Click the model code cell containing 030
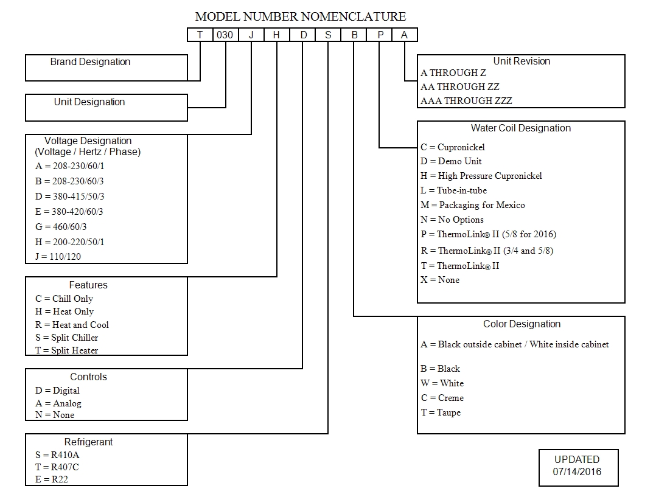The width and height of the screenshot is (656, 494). click(225, 35)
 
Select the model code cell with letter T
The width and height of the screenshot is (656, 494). click(200, 35)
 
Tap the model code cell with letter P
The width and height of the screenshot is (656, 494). click(380, 35)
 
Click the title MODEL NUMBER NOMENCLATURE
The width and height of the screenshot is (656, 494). click(301, 16)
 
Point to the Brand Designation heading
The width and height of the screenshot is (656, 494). click(90, 62)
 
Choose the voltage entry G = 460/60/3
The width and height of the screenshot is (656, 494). click(61, 227)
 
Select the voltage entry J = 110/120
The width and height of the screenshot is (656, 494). click(58, 256)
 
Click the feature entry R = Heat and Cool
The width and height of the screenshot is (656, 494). click(72, 325)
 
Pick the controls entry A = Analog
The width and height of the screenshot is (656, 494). click(58, 403)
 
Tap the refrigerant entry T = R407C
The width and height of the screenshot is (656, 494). click(57, 467)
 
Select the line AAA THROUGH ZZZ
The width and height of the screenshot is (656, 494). click(466, 101)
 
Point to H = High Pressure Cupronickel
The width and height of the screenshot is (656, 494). click(481, 176)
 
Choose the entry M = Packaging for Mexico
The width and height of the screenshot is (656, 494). click(472, 205)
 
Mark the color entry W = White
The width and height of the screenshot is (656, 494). click(442, 383)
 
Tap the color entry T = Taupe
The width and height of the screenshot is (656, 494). click(441, 412)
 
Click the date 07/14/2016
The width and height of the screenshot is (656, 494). click(576, 471)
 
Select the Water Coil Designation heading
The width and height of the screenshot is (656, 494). click(520, 128)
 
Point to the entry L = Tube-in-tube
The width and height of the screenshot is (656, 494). click(453, 190)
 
